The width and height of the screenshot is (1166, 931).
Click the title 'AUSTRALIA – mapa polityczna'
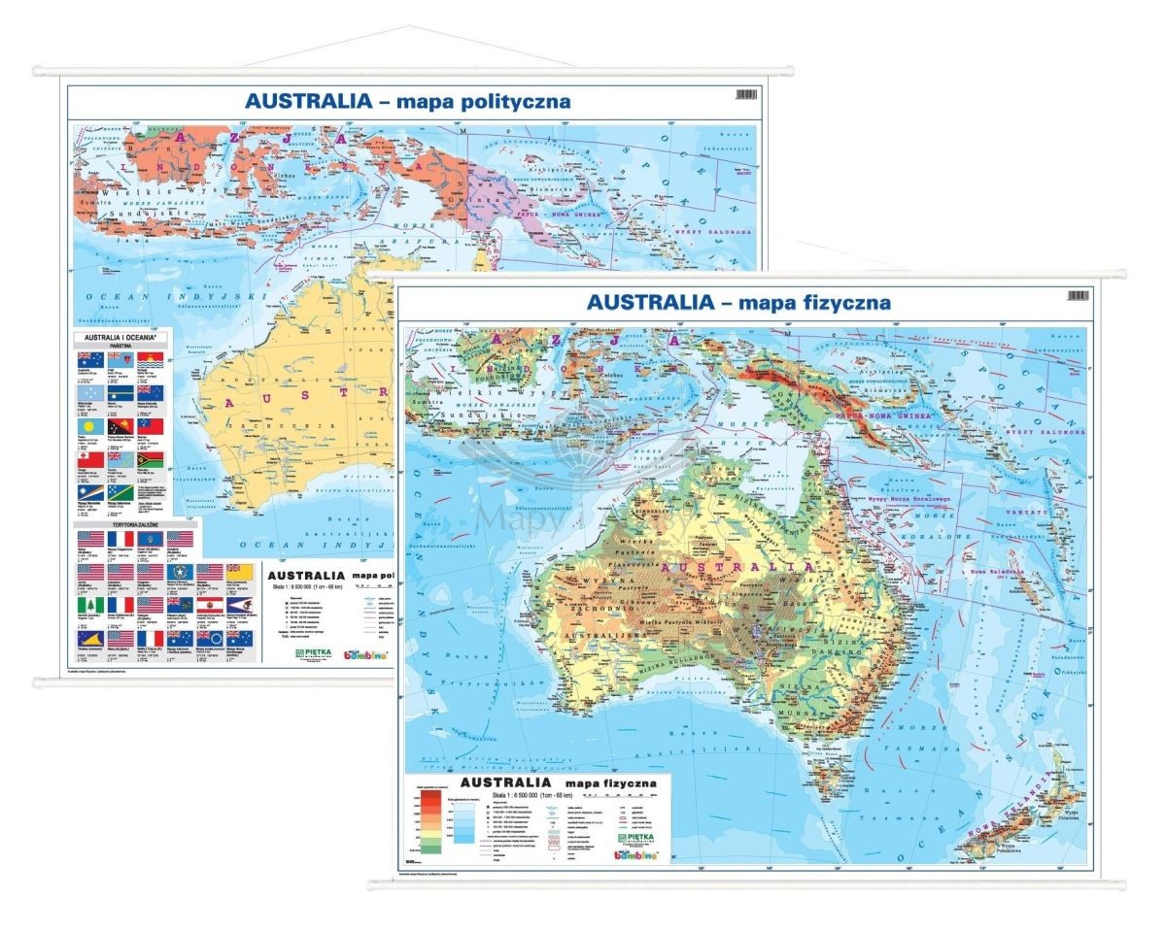[407, 101]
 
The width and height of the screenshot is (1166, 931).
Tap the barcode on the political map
[745, 94]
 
